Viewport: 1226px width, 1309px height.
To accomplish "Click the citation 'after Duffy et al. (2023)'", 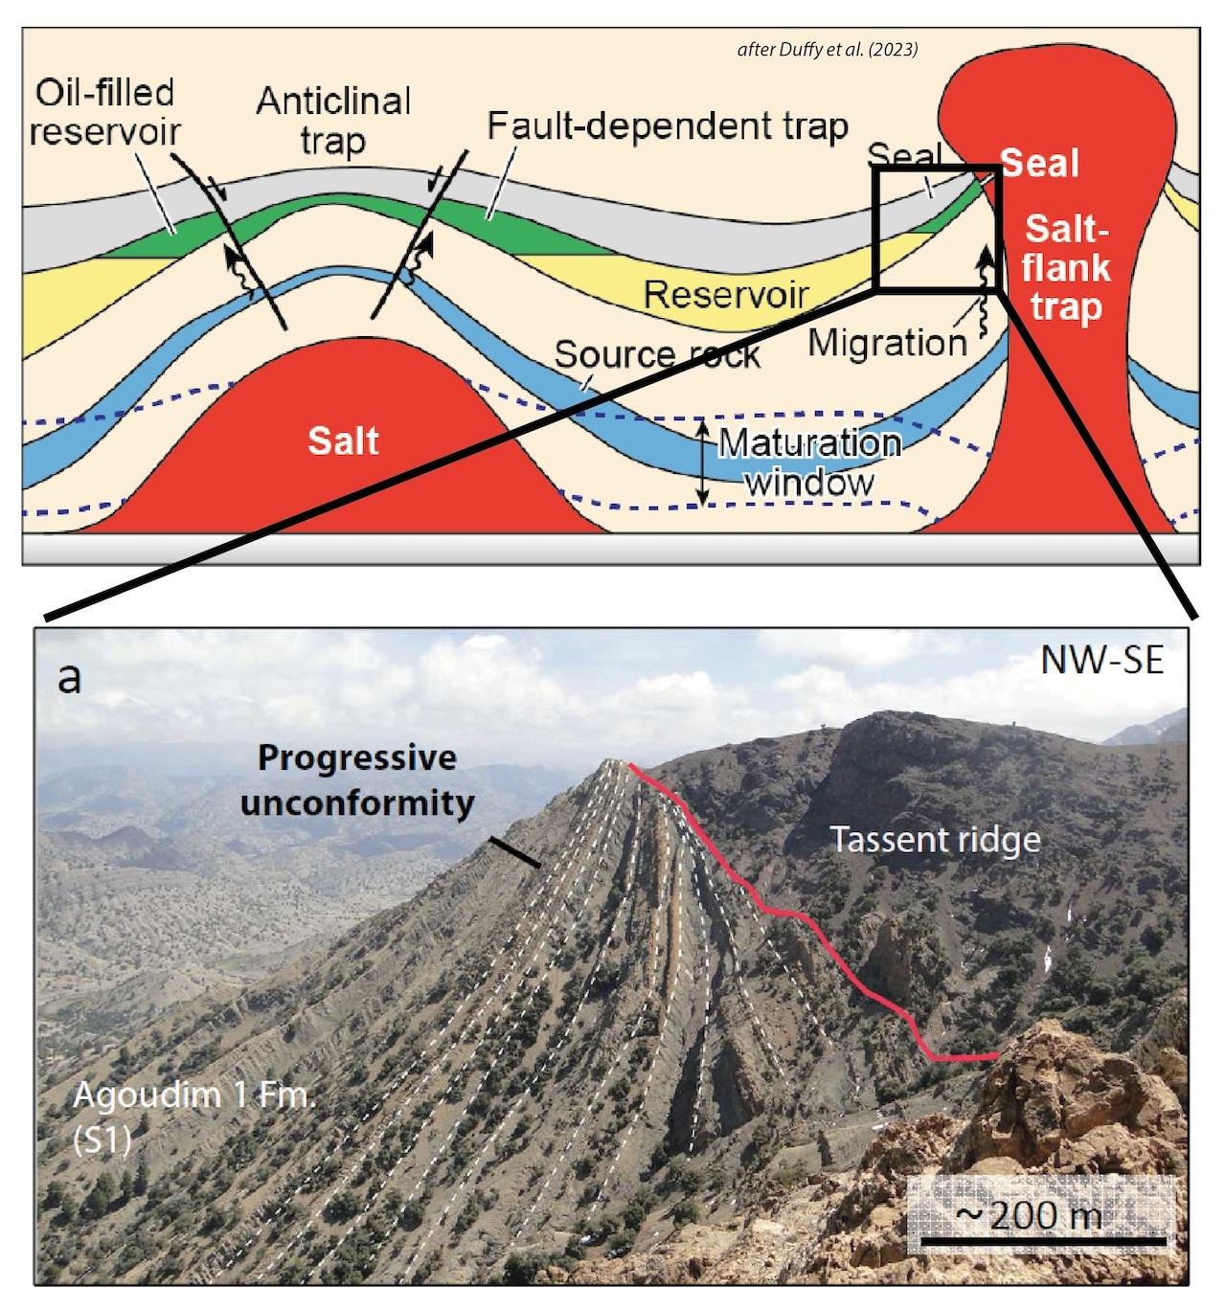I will point(827,50).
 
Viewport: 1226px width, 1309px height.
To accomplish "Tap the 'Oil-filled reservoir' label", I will point(103,111).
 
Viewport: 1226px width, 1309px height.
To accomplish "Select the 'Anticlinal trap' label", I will point(332,121).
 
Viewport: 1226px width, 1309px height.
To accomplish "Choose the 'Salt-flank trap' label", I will point(1065,267).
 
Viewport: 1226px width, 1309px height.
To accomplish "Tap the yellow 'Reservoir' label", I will point(726,294).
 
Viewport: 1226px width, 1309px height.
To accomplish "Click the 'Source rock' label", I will point(657,354).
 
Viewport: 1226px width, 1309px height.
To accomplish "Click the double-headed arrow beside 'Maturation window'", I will point(703,463).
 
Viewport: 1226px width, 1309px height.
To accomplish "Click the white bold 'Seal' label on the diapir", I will point(1039,164).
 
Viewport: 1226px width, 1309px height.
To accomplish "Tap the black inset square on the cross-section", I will point(937,228).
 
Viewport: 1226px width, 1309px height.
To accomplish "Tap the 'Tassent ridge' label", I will point(934,839).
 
